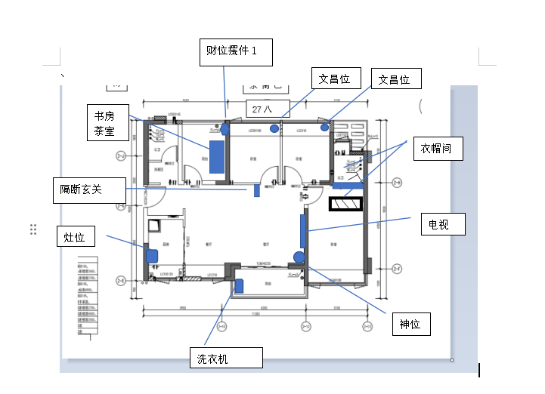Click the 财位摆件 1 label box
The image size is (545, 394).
point(236,51)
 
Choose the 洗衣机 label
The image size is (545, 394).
point(226,358)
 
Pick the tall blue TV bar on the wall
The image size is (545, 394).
point(303,230)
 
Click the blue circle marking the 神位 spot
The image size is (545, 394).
point(299,257)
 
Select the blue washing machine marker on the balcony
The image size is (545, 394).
point(238,285)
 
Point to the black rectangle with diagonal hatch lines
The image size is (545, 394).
point(345,205)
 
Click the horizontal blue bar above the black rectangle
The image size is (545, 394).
point(348,184)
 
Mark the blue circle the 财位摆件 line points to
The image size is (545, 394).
point(225,128)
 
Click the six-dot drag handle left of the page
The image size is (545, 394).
point(33,229)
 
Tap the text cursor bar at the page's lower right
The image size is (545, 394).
point(479,370)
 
